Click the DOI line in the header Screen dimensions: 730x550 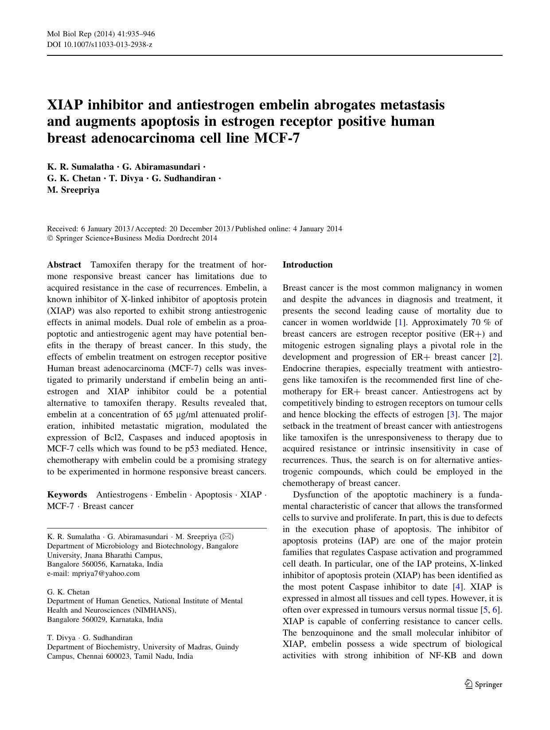[99, 45]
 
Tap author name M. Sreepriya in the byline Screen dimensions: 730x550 [73, 190]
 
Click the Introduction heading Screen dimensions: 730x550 [307, 265]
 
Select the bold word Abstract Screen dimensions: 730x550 [64, 265]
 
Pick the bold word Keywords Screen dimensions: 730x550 [67, 495]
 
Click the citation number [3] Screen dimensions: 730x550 [452, 415]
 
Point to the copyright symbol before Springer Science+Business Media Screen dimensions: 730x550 [50, 238]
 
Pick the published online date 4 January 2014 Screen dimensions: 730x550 [318, 229]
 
